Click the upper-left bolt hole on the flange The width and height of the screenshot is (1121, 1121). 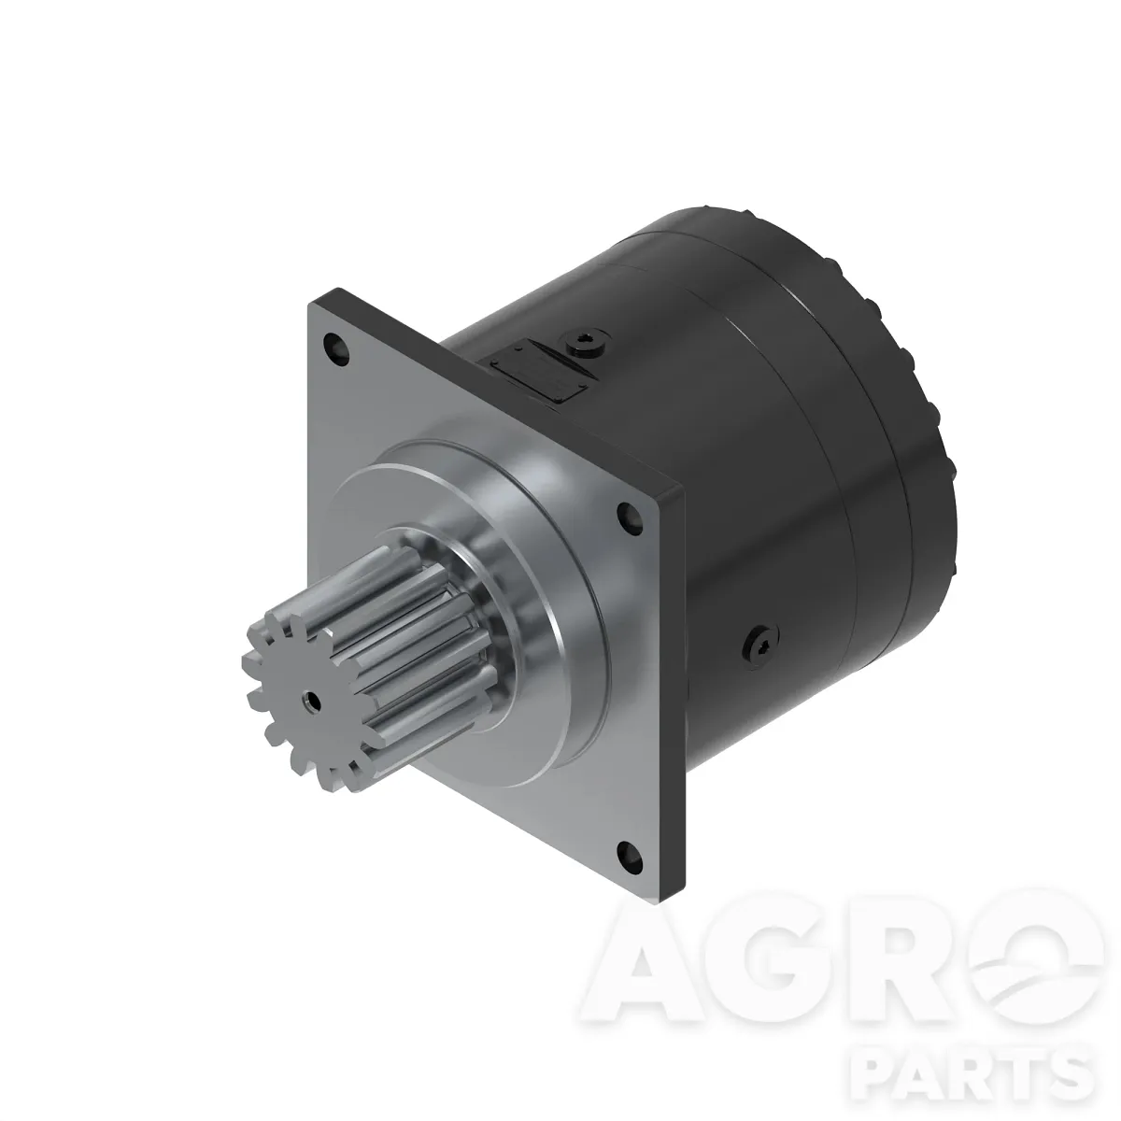336,348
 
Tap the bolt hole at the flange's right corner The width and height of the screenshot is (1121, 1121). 630,518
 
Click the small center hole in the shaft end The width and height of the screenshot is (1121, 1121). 312,700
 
